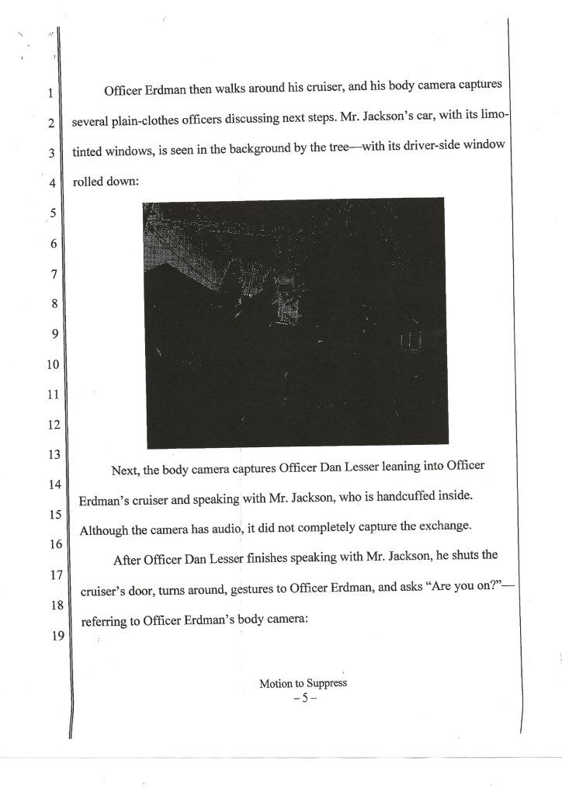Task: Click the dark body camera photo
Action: point(294,322)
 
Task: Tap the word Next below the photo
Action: point(129,470)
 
